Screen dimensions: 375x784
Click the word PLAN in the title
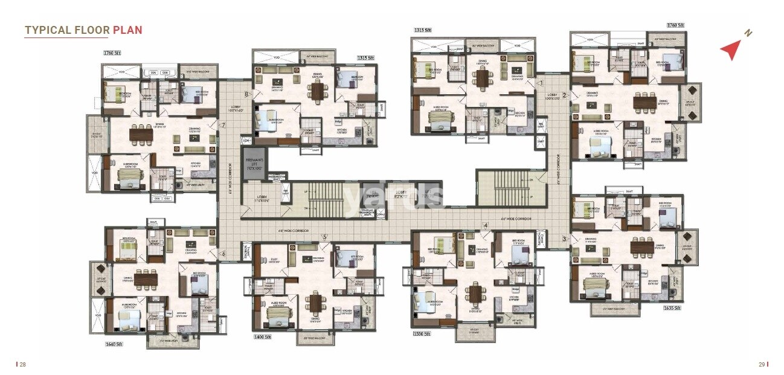[127, 30]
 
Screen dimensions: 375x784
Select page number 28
[22, 364]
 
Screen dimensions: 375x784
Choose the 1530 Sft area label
[422, 333]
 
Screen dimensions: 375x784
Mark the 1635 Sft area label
[673, 308]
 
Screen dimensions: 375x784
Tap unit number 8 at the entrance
[246, 94]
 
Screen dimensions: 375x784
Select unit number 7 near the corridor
[223, 126]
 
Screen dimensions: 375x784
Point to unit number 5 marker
[324, 237]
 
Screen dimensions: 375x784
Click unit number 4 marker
[484, 226]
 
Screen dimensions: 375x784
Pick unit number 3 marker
[564, 239]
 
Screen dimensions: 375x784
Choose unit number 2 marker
[564, 95]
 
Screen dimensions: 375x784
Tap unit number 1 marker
[541, 83]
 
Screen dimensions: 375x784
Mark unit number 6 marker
[223, 254]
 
